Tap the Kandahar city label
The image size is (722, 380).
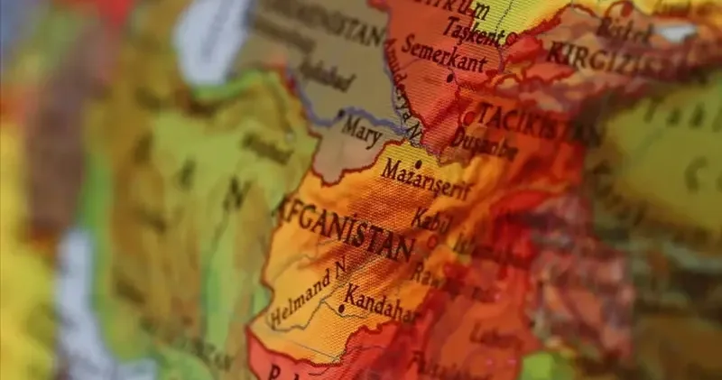pos(381,302)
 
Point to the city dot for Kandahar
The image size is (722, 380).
pos(340,309)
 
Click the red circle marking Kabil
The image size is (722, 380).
pos(432,241)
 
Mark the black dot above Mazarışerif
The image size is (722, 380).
pos(418,164)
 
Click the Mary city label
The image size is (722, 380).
pos(362,128)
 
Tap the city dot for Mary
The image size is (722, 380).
pos(340,114)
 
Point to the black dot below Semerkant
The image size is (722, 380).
pos(449,78)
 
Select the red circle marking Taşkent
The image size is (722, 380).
pos(511,39)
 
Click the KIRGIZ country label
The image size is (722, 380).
pos(587,56)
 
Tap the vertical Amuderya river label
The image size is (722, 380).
pos(403,90)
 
